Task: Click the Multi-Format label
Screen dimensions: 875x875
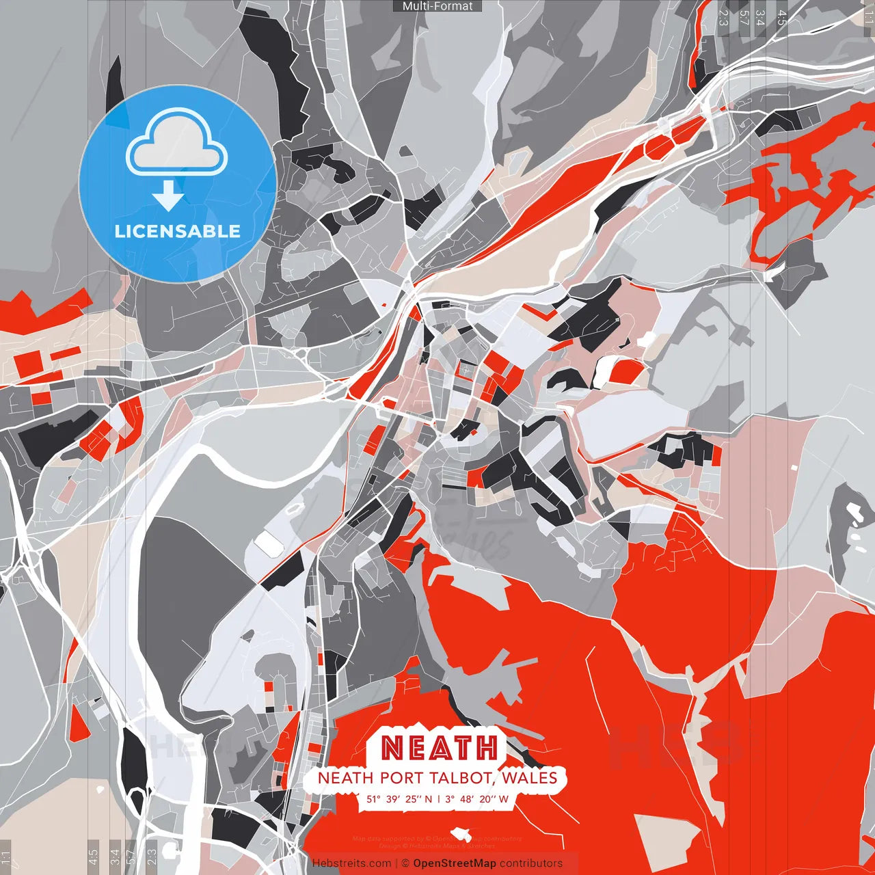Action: pyautogui.click(x=437, y=6)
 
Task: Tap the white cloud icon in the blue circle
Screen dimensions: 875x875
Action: pyautogui.click(x=177, y=146)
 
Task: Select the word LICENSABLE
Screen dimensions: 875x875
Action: pyautogui.click(x=178, y=231)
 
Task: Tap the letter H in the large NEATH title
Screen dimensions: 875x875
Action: pyautogui.click(x=486, y=749)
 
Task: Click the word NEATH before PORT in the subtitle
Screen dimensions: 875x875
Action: pyautogui.click(x=345, y=778)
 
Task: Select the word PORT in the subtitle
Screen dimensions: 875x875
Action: pyautogui.click(x=401, y=778)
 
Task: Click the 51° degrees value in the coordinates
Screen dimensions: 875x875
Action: pyautogui.click(x=373, y=798)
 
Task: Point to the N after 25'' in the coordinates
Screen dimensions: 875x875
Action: pyautogui.click(x=428, y=798)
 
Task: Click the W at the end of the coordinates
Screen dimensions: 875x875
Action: pyautogui.click(x=503, y=798)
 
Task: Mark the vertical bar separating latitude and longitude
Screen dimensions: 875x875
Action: pyautogui.click(x=438, y=798)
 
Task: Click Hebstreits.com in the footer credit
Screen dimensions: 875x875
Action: pyautogui.click(x=351, y=863)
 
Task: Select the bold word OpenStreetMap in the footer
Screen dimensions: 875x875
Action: pyautogui.click(x=455, y=863)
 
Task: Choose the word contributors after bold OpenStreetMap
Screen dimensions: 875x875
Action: pyautogui.click(x=531, y=863)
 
